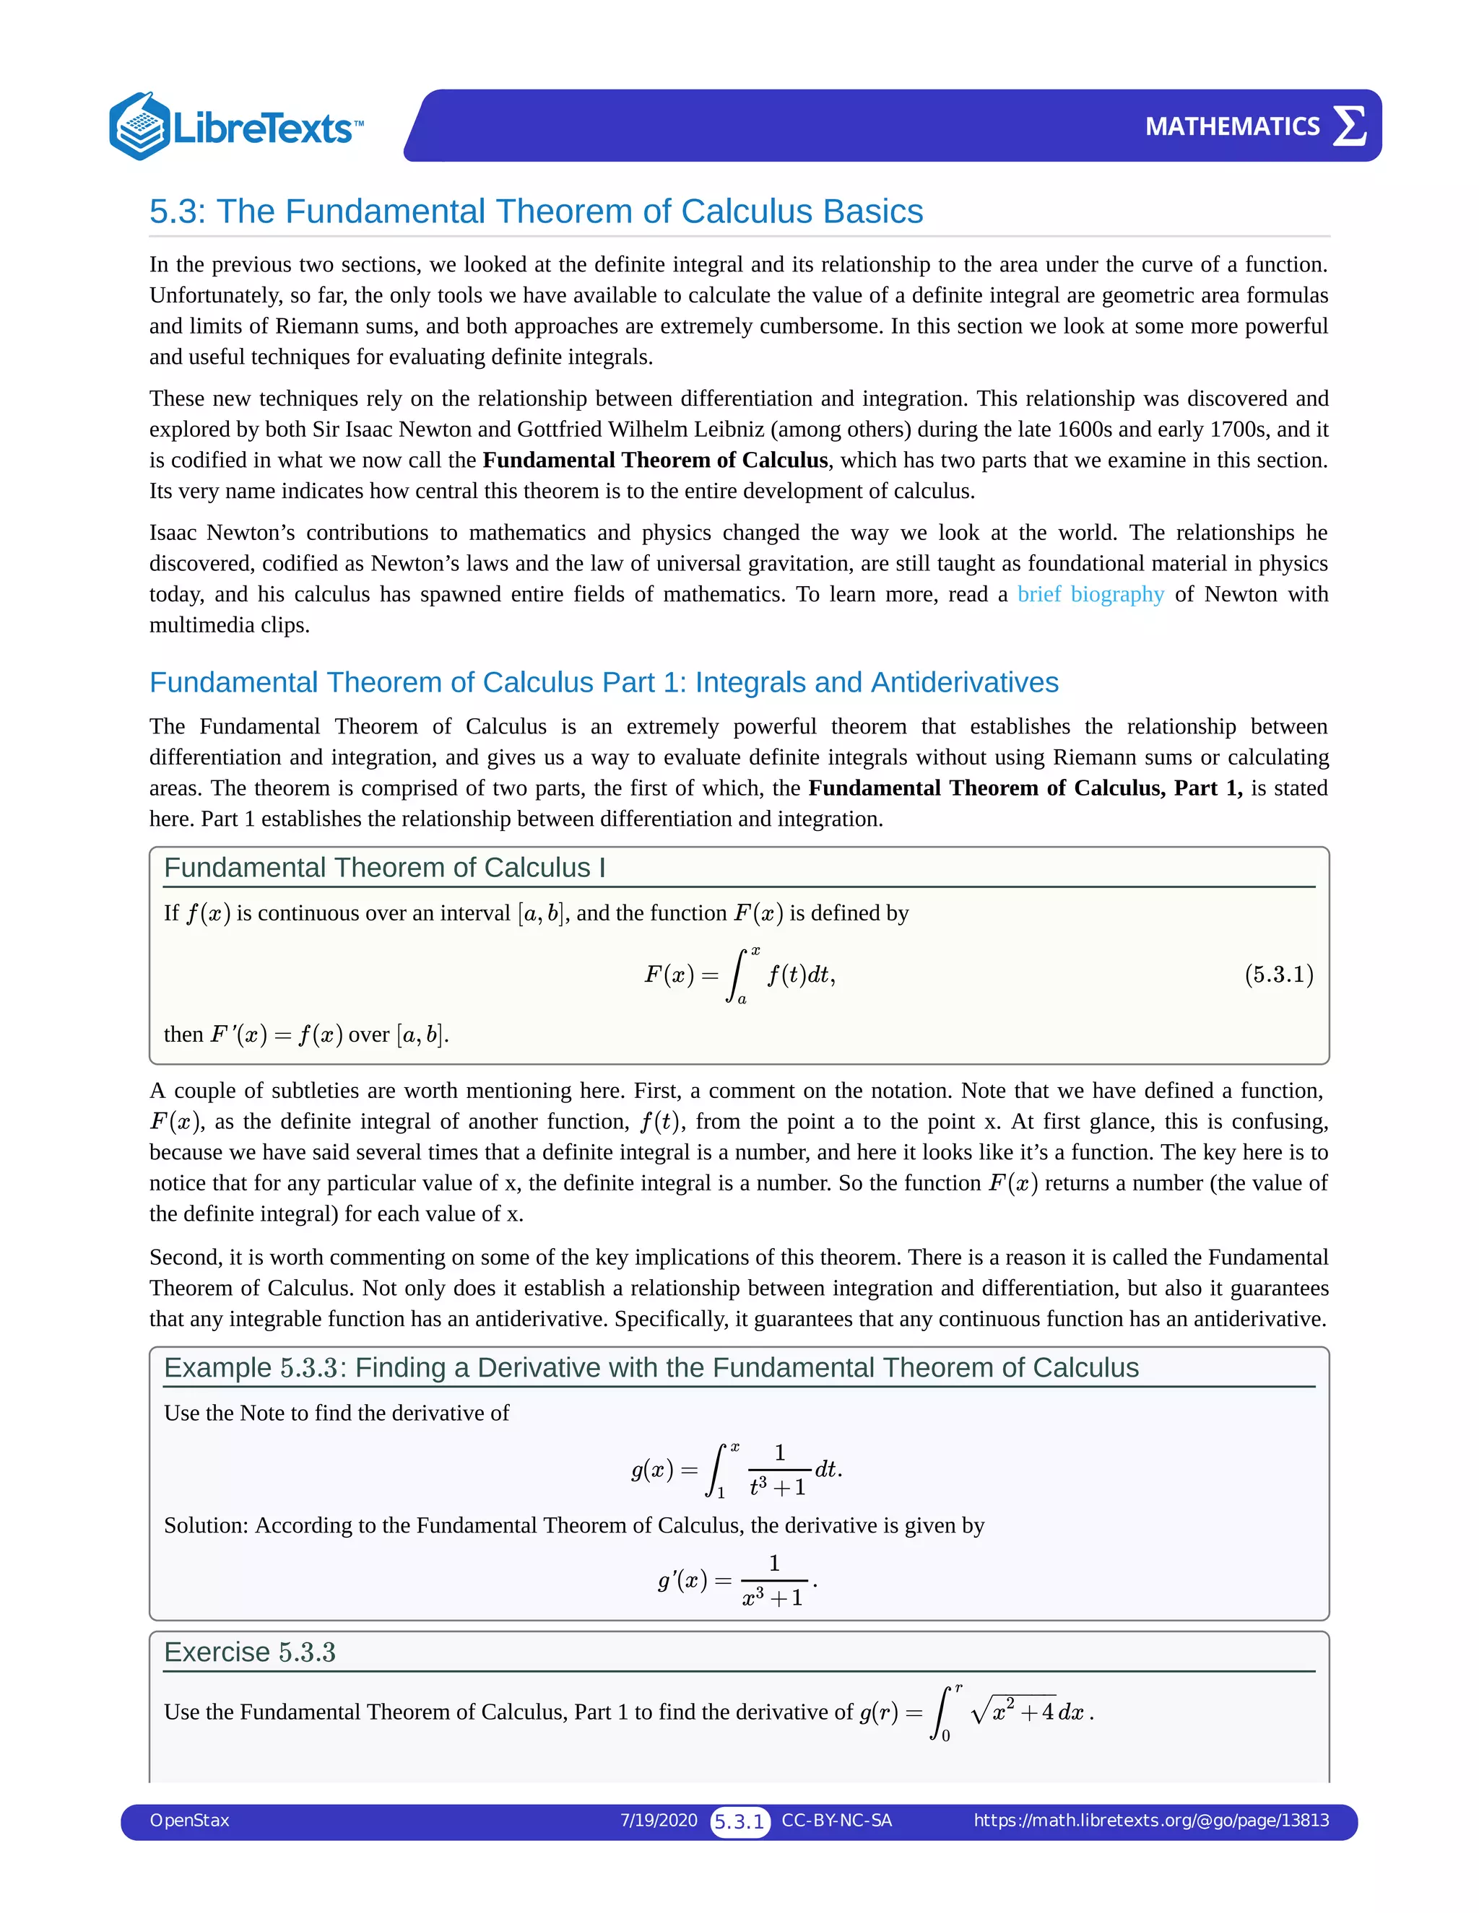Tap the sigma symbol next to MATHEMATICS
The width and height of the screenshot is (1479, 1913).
click(1349, 126)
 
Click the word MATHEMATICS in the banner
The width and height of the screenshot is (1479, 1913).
click(1232, 127)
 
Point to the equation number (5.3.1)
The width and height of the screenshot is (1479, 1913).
click(1278, 975)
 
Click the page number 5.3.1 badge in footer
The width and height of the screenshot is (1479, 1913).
click(739, 1822)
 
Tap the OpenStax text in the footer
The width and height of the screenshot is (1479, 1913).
click(189, 1820)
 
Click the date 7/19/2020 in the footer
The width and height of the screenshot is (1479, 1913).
click(659, 1820)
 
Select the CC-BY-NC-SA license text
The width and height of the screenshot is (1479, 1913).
click(837, 1820)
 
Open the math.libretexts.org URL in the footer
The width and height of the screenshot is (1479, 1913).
click(1151, 1820)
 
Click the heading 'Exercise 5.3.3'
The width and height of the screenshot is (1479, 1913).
click(250, 1652)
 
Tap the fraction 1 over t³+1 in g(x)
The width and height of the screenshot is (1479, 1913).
click(778, 1470)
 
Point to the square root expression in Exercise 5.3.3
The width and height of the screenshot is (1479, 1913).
click(1014, 1711)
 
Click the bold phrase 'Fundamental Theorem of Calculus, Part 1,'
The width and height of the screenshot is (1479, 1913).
click(1025, 788)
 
